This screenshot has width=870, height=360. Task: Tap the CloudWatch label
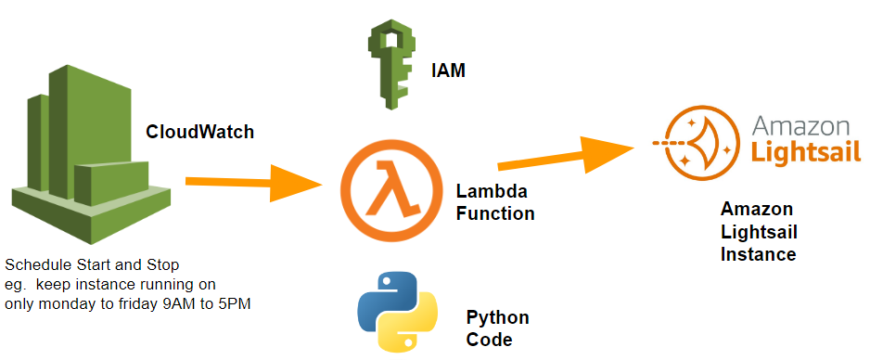[199, 132]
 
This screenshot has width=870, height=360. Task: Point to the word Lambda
[492, 192]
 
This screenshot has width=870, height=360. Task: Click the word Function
[495, 213]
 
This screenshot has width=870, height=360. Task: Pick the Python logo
[397, 315]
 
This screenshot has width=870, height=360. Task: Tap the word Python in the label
[498, 317]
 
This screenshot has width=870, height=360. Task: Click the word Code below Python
[489, 340]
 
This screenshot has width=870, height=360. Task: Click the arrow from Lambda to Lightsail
[566, 154]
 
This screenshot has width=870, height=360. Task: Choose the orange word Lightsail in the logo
[806, 152]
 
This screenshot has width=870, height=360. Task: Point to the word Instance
[758, 253]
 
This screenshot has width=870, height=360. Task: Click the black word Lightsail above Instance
[759, 231]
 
